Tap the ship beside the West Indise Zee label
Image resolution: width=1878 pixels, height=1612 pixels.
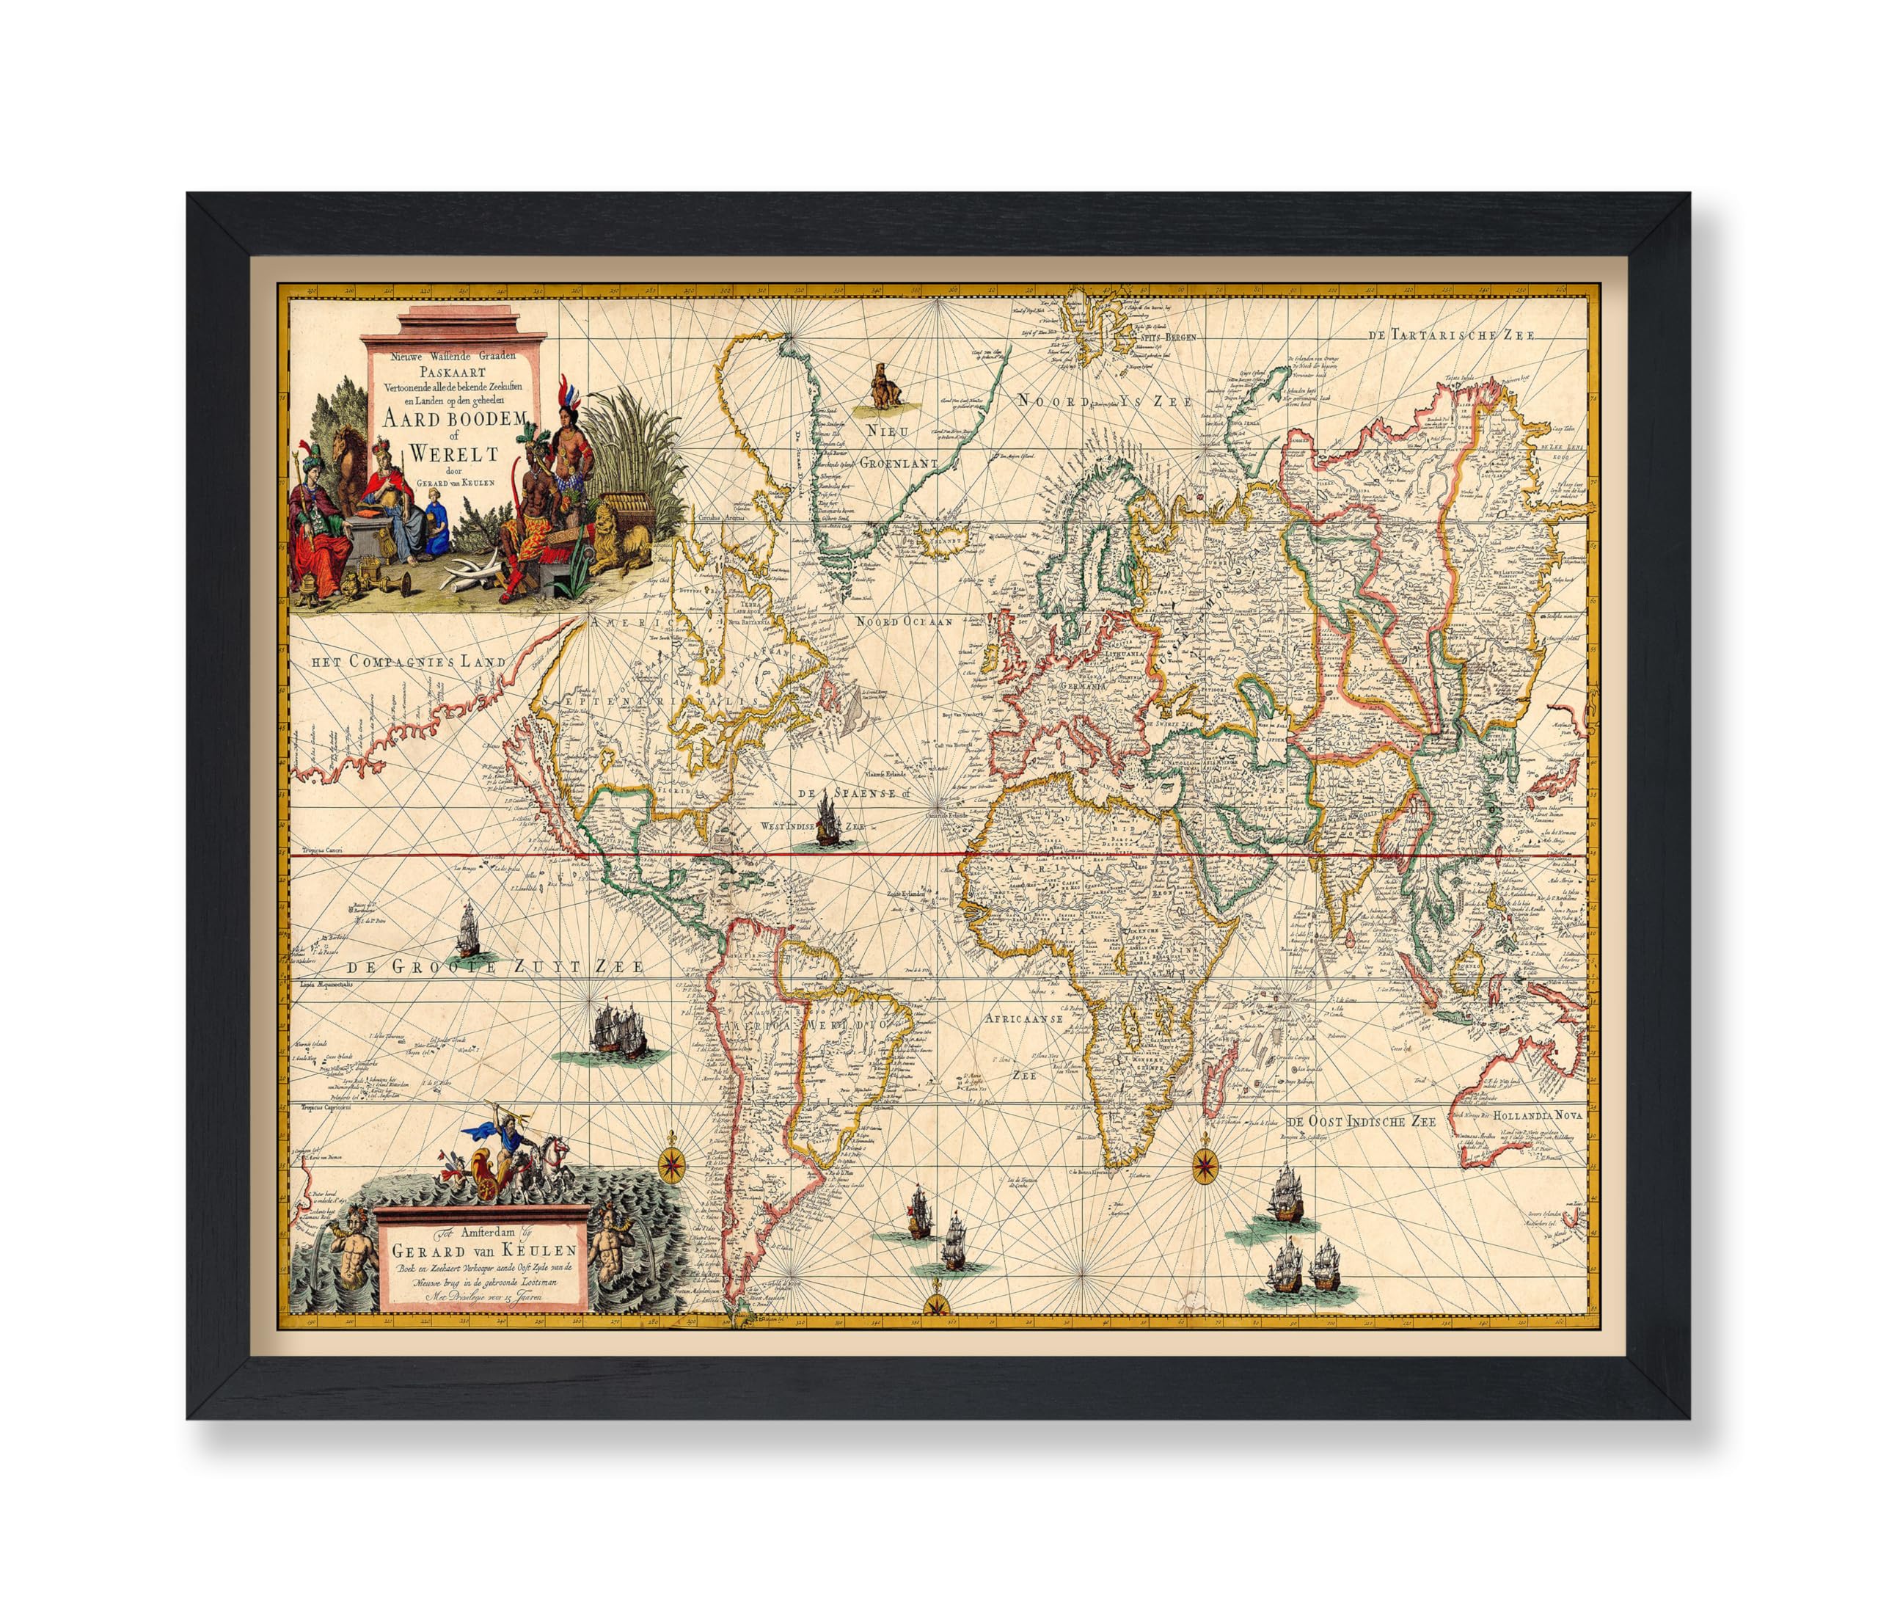point(827,819)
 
